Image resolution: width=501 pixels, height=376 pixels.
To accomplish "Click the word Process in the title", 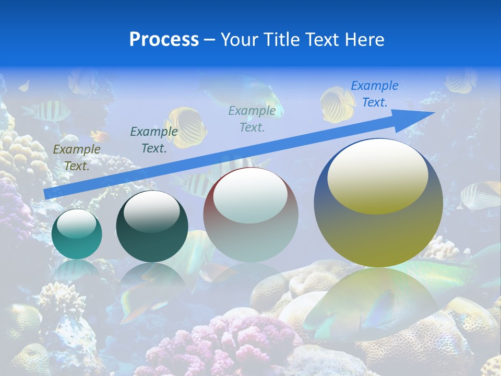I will [164, 40].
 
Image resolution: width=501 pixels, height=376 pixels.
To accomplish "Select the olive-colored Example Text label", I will [76, 158].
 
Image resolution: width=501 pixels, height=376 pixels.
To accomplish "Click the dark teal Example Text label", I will [153, 140].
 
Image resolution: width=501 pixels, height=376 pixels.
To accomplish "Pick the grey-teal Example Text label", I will [252, 119].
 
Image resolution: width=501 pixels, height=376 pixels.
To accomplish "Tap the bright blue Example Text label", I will [374, 94].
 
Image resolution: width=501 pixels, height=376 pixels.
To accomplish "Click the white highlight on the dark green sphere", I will [151, 211].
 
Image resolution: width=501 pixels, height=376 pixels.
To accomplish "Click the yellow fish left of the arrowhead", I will [337, 104].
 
